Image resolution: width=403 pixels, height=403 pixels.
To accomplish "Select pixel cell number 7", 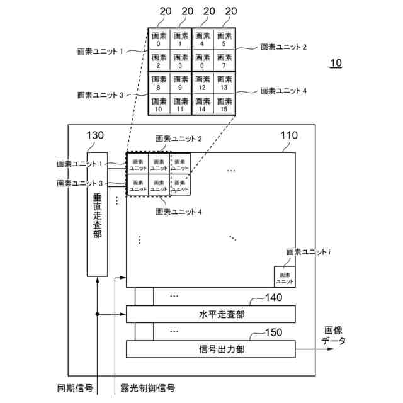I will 224,61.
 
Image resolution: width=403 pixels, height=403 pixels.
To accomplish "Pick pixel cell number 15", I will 224,105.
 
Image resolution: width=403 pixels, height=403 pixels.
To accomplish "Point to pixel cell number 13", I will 224,83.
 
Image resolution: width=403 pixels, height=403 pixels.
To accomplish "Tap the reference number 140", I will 273,298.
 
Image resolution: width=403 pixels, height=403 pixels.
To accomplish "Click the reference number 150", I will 273,332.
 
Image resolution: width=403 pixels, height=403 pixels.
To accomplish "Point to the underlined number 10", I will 336,64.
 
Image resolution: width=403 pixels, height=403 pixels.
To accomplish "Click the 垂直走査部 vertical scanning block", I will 98,214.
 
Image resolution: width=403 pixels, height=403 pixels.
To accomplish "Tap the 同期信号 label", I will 75,388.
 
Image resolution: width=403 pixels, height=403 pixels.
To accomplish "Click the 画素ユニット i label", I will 309,252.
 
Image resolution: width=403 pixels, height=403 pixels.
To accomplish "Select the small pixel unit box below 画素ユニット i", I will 285,277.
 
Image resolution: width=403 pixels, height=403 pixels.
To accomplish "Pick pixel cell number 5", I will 224,40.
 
